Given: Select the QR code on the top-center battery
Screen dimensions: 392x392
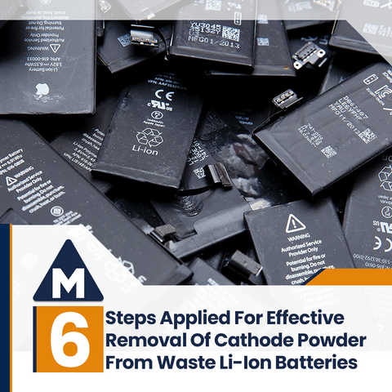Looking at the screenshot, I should (231, 33).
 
